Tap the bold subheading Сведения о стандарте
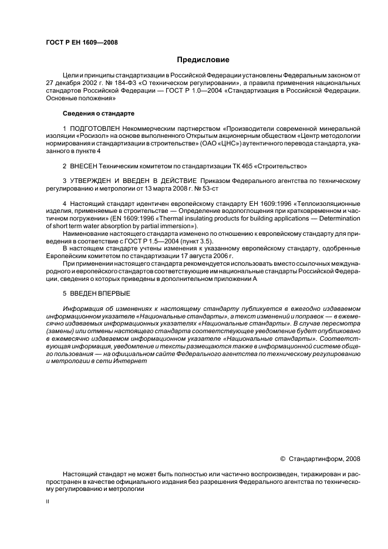(x=98, y=113)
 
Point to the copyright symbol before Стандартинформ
(x=283, y=459)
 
